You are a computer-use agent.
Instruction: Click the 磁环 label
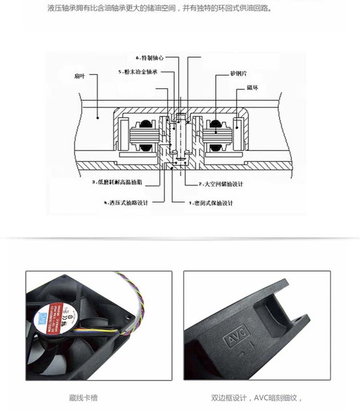click(253, 88)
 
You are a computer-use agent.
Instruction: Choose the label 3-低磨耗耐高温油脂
click(120, 183)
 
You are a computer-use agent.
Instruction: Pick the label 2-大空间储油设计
click(221, 184)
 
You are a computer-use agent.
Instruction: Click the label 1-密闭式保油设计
click(211, 203)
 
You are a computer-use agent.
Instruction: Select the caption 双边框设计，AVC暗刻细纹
click(256, 398)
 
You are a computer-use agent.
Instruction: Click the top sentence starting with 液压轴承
click(159, 9)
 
